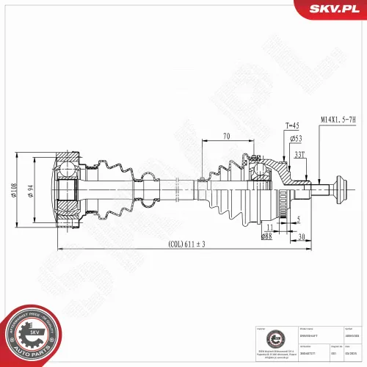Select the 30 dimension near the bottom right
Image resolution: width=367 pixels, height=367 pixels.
302,236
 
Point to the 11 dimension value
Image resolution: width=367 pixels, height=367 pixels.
286,228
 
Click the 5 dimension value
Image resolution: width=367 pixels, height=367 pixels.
298,219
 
